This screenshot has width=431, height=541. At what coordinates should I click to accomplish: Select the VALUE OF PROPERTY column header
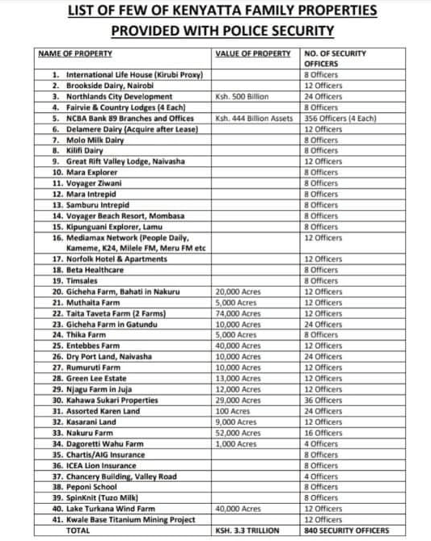pyautogui.click(x=253, y=53)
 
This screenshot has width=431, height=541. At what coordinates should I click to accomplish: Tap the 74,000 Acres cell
pyautogui.click(x=237, y=312)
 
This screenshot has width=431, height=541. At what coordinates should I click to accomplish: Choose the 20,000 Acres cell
pyautogui.click(x=237, y=291)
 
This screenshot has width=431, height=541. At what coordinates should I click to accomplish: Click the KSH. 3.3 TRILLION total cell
pyautogui.click(x=247, y=531)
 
